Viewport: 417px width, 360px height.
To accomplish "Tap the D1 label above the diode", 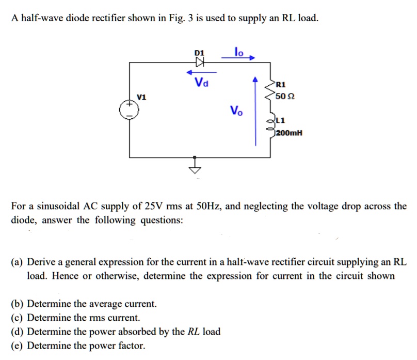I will click(199, 53).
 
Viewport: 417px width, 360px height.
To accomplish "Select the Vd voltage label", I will click(200, 82).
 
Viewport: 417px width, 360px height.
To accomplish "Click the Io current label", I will click(238, 52).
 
